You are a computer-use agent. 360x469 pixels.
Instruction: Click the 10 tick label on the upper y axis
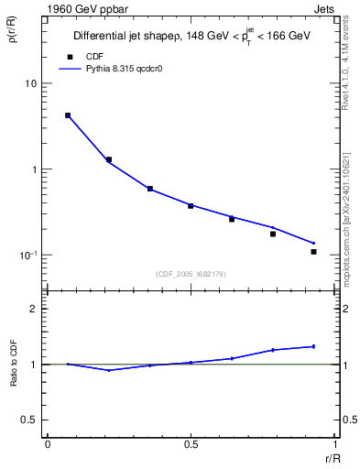[x=30, y=83]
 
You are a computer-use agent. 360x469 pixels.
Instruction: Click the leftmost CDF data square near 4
[x=68, y=115]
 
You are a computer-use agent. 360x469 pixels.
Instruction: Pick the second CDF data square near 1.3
[x=109, y=159]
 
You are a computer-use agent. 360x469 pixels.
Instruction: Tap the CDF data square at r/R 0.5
[x=191, y=206]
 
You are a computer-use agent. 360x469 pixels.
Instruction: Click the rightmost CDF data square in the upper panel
[x=313, y=251]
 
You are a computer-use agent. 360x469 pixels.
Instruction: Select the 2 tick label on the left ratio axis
[x=33, y=309]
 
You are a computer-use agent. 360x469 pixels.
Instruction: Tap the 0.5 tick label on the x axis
[x=191, y=444]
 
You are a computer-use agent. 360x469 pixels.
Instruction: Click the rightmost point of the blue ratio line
[x=313, y=346]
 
